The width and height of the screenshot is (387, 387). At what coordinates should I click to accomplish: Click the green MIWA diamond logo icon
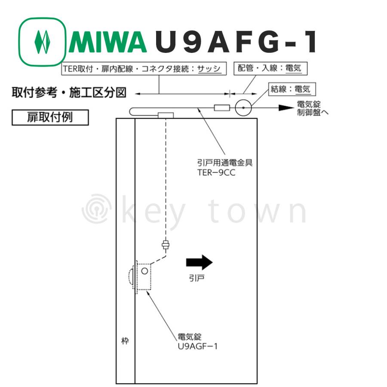[x=42, y=42]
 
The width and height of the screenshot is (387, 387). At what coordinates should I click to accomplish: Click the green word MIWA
[x=108, y=42]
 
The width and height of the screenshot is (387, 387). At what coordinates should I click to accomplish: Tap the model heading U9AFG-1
[x=236, y=42]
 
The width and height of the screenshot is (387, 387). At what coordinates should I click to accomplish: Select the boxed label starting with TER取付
[x=144, y=69]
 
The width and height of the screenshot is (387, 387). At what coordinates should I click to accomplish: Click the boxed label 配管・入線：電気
[x=270, y=68]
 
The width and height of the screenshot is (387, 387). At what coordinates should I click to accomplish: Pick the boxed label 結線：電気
[x=292, y=89]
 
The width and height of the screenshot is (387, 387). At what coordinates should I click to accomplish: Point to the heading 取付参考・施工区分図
[x=69, y=92]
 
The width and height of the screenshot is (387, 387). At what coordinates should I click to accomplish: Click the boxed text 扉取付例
[x=50, y=117]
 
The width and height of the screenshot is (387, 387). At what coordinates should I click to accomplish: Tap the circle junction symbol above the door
[x=243, y=107]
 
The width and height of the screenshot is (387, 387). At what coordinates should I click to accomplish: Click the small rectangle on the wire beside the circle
[x=222, y=108]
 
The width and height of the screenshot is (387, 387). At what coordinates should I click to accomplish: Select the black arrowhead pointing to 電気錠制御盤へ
[x=286, y=108]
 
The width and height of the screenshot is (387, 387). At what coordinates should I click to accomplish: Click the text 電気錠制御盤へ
[x=313, y=108]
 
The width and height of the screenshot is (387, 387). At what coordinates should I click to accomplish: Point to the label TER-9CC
[x=216, y=172]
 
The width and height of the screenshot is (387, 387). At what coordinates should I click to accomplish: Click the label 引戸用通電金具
[x=225, y=163]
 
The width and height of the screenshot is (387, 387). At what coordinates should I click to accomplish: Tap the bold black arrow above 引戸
[x=200, y=262]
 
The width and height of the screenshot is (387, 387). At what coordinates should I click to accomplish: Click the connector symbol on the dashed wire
[x=166, y=245]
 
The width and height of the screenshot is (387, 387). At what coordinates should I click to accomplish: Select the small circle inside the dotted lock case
[x=144, y=271]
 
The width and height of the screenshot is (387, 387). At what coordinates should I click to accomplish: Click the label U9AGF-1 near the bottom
[x=198, y=346]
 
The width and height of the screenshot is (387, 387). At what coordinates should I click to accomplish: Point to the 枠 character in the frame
[x=125, y=341]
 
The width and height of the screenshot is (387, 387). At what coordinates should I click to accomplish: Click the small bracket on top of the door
[x=166, y=115]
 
